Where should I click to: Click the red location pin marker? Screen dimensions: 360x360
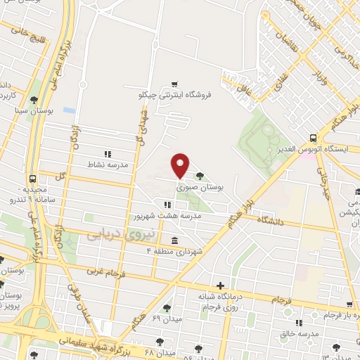click(x=180, y=165)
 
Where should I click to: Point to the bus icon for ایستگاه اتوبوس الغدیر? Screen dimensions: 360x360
click(x=313, y=138)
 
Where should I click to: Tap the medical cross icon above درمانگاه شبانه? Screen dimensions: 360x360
click(x=221, y=285)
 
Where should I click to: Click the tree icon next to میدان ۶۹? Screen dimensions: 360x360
click(x=167, y=307)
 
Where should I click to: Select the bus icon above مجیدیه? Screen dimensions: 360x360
click(x=32, y=179)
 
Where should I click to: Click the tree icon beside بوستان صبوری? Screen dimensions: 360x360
click(x=201, y=176)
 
